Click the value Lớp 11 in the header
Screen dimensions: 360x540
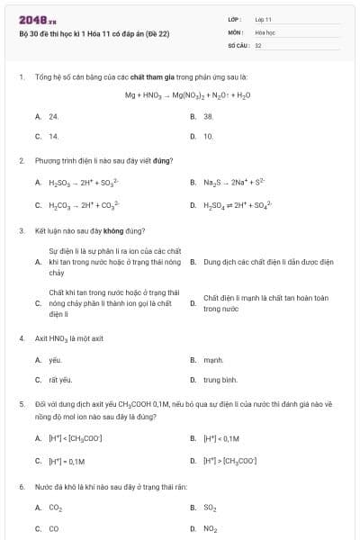(263, 18)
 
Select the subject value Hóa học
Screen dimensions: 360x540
(265, 31)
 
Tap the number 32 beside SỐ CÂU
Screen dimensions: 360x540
(258, 43)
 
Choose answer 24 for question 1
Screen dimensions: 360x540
(54, 116)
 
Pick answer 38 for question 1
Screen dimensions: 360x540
(208, 116)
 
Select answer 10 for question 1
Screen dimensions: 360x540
(208, 136)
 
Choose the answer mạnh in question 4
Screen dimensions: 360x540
(212, 359)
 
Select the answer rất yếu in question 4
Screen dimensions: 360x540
(59, 380)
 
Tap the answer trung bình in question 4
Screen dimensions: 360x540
(220, 380)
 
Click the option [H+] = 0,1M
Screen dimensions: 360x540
(67, 461)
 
